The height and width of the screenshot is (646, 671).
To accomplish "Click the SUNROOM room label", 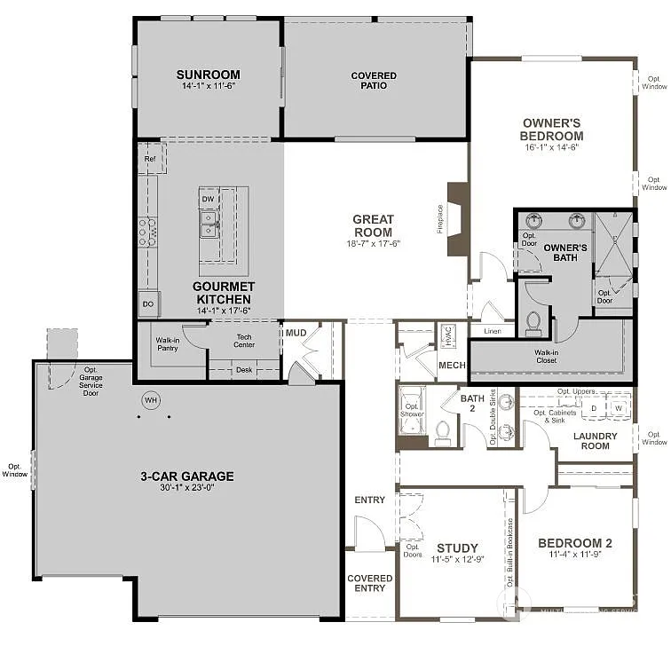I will [x=209, y=75].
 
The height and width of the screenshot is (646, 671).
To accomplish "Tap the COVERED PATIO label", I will [x=374, y=81].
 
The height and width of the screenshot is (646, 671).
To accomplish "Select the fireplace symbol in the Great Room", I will [x=458, y=218].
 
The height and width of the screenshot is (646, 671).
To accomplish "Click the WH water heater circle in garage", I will [x=151, y=400].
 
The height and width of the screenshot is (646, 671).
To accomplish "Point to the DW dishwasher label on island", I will [x=208, y=199].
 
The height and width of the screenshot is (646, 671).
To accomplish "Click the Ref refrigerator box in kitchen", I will [x=149, y=159].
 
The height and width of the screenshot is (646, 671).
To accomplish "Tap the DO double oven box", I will [x=147, y=304].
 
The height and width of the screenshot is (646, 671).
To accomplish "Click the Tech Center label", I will [x=245, y=341].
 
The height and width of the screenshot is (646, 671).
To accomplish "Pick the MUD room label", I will [x=296, y=334].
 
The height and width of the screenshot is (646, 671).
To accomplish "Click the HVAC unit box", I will [x=447, y=336].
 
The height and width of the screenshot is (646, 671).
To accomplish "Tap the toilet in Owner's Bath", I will [x=533, y=323].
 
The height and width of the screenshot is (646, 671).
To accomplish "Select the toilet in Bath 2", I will [x=443, y=431].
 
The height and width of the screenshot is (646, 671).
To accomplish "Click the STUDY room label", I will [x=457, y=548].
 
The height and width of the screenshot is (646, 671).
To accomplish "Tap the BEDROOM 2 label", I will [x=575, y=543].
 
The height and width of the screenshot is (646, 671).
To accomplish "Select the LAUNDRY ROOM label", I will [x=596, y=440].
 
